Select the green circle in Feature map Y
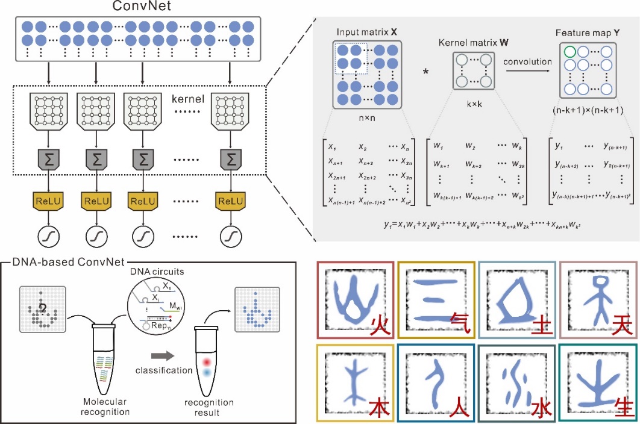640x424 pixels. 569,52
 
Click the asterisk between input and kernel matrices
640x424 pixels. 427,72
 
